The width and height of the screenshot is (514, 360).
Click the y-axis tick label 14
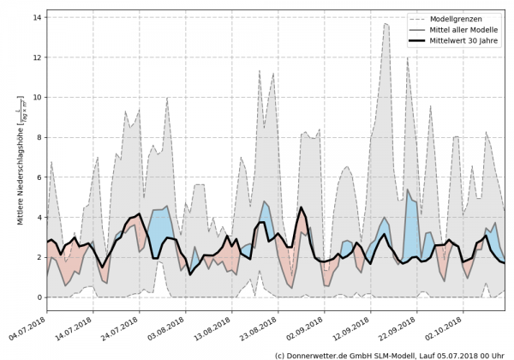tap(37, 17)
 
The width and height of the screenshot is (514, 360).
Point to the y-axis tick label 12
tap(37, 57)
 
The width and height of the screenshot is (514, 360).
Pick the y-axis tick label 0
tap(39, 297)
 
